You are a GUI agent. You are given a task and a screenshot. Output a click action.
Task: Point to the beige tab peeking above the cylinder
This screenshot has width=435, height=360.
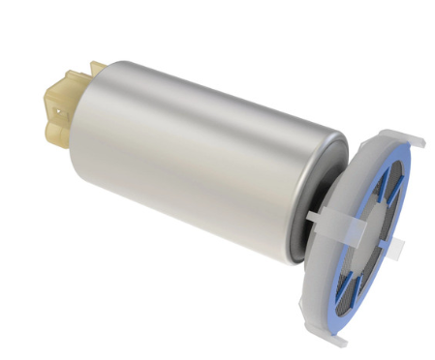tap(97, 67)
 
